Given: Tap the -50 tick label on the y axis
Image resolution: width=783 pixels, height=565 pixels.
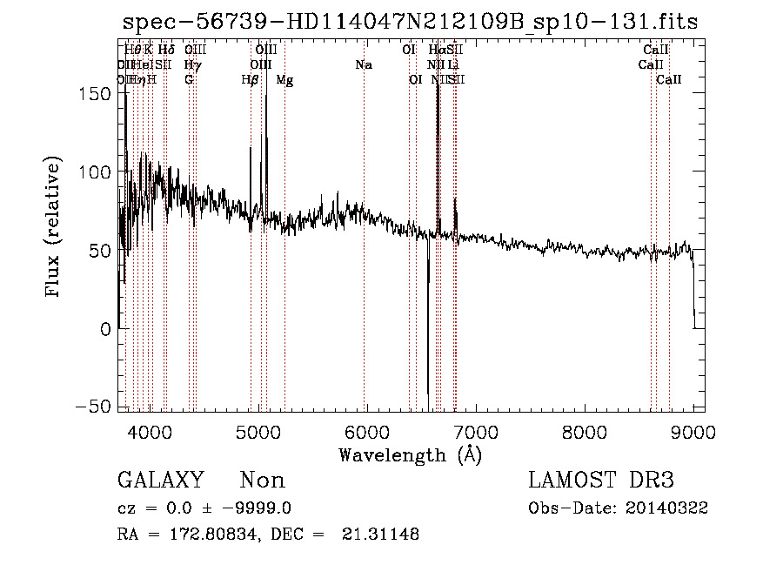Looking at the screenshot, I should [x=91, y=407].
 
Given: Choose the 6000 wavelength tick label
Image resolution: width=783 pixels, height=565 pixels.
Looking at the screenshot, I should [x=366, y=431].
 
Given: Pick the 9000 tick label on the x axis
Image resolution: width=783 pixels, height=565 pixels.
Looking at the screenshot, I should [x=693, y=431].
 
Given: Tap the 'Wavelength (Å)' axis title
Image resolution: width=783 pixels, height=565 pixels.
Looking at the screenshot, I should [x=410, y=454].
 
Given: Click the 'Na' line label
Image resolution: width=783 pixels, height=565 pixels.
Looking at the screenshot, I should [x=364, y=64].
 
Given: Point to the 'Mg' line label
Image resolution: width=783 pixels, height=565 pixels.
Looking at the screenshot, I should [x=284, y=79].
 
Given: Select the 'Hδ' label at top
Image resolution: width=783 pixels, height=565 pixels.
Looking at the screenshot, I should [x=165, y=50].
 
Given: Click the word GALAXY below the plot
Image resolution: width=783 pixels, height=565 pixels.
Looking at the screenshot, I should [x=160, y=481].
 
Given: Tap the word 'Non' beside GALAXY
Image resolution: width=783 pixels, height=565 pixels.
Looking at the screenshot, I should [x=262, y=481].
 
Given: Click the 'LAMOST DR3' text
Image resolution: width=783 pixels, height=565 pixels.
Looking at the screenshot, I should [x=601, y=481].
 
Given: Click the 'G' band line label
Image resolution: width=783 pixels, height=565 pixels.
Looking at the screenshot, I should [x=189, y=79].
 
